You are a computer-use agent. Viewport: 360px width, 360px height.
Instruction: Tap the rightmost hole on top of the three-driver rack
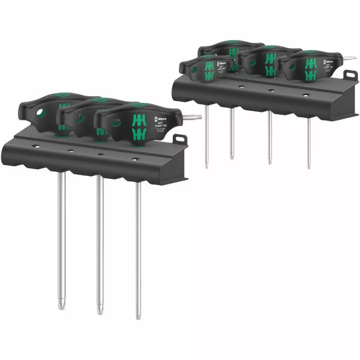[134, 159]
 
